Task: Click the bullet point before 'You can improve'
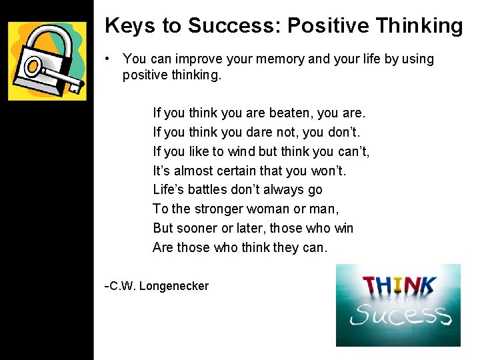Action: coord(108,59)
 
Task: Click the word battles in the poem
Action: coord(209,190)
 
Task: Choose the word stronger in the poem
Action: coord(221,209)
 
